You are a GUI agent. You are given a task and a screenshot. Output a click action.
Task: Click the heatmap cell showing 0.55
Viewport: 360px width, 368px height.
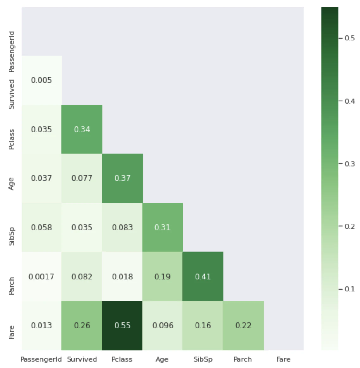point(122,326)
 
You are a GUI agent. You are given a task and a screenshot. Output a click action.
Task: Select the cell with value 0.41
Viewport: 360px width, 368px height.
point(203,276)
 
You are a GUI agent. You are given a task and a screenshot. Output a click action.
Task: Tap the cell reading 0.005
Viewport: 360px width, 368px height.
point(41,80)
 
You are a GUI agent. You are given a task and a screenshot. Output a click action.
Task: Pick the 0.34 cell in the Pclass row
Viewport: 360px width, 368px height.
point(82,129)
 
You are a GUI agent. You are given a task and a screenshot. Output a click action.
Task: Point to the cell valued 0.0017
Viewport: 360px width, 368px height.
point(41,276)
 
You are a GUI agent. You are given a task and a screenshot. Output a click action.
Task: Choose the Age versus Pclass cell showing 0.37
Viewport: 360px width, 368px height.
point(122,178)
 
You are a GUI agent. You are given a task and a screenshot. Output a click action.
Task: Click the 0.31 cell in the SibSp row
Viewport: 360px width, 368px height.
point(163,227)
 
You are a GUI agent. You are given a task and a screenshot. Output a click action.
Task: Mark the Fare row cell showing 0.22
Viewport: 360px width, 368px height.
point(243,326)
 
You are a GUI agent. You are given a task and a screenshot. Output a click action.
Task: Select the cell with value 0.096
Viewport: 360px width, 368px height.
point(163,326)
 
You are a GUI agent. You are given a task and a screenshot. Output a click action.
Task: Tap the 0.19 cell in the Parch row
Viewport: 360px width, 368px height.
point(163,276)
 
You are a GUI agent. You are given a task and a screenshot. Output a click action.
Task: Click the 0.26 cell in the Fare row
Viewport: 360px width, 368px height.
point(82,326)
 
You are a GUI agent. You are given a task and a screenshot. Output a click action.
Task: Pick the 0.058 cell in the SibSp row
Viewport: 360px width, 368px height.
point(41,227)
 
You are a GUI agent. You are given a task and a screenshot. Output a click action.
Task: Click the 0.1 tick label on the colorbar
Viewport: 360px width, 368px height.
point(350,289)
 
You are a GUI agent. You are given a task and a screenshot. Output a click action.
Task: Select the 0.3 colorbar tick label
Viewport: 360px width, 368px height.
point(350,164)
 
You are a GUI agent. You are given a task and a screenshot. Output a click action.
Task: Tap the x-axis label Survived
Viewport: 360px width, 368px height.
point(82,359)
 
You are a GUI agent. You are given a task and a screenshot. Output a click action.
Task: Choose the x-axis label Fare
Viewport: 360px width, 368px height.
point(283,359)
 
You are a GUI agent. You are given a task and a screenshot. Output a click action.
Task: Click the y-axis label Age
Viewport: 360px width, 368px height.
point(11,184)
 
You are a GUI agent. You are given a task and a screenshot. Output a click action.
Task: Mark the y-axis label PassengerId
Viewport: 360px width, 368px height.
point(11,52)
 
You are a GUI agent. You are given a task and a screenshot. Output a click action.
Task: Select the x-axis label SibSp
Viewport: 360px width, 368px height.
point(203,359)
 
